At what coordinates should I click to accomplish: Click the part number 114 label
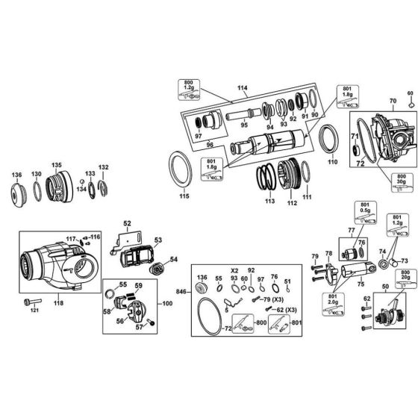(x=241, y=88)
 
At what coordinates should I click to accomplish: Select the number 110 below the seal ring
(x=332, y=161)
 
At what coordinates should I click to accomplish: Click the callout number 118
(x=58, y=305)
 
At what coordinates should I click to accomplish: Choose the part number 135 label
(x=56, y=165)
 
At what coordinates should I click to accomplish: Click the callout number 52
(x=127, y=223)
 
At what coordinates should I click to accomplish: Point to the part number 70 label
(x=393, y=100)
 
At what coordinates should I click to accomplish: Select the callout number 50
(x=385, y=287)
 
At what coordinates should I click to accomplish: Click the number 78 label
(x=328, y=255)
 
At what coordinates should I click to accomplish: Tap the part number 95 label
(x=245, y=124)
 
